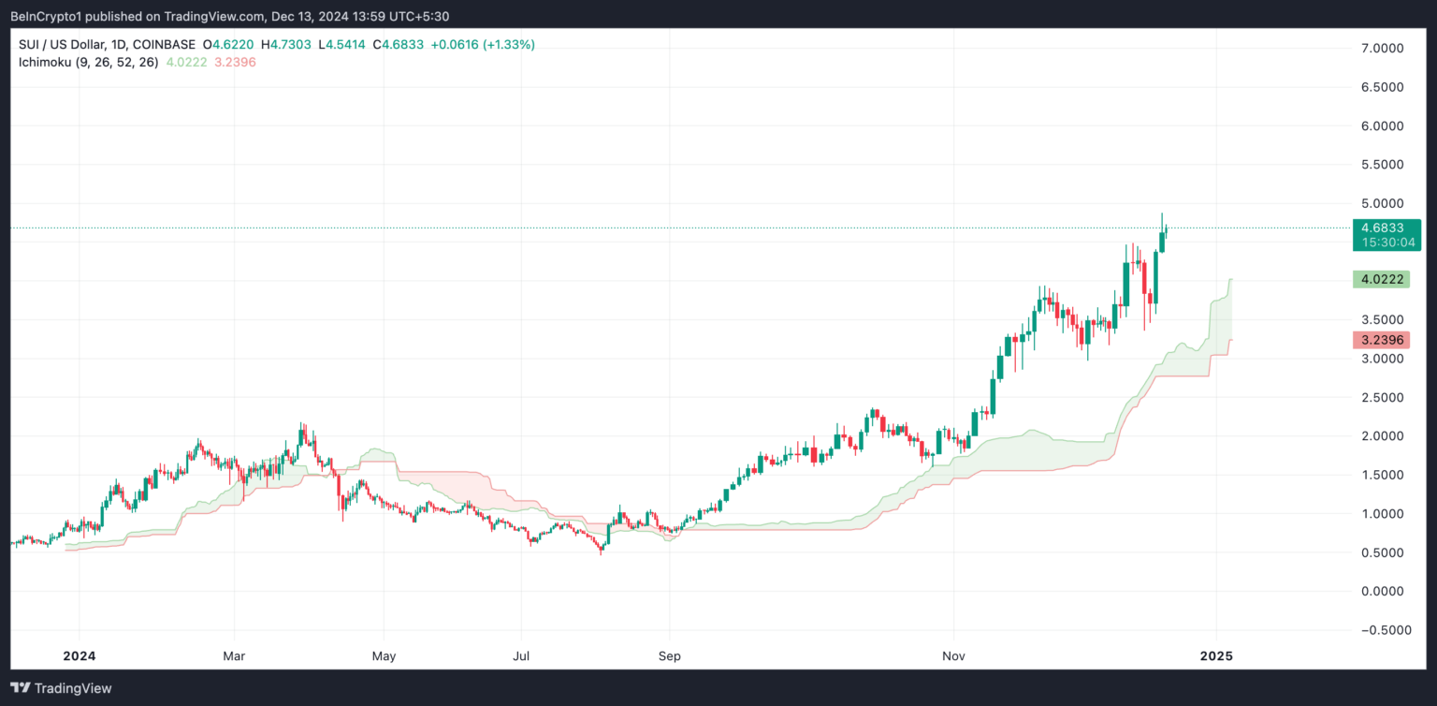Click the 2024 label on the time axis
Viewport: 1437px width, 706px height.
coord(79,655)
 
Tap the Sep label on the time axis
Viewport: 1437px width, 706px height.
coord(669,655)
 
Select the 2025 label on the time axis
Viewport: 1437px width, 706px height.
coord(1215,655)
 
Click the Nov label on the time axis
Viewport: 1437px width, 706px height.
coord(953,655)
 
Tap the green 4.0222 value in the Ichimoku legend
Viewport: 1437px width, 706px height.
coord(185,62)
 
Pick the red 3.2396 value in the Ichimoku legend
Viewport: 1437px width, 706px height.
coord(234,62)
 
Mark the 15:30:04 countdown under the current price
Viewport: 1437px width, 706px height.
coord(1387,242)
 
